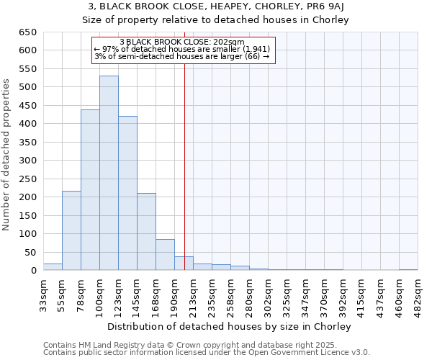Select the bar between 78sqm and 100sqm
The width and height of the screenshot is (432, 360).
pyautogui.click(x=90, y=190)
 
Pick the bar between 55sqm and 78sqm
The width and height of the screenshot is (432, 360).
pyautogui.click(x=71, y=230)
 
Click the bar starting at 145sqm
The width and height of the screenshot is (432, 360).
pyautogui.click(x=146, y=232)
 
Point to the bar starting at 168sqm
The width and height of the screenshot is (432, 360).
pyautogui.click(x=165, y=255)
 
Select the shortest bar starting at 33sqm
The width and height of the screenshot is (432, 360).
pyautogui.click(x=53, y=267)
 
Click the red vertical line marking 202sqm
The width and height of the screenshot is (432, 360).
pyautogui.click(x=184, y=158)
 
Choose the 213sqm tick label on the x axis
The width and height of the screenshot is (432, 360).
pyautogui.click(x=193, y=294)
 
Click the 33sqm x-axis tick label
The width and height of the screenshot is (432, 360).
pyautogui.click(x=43, y=294)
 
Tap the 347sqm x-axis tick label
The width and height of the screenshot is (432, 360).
pyautogui.click(x=305, y=294)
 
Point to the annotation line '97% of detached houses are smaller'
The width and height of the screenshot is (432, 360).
pyautogui.click(x=184, y=49)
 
